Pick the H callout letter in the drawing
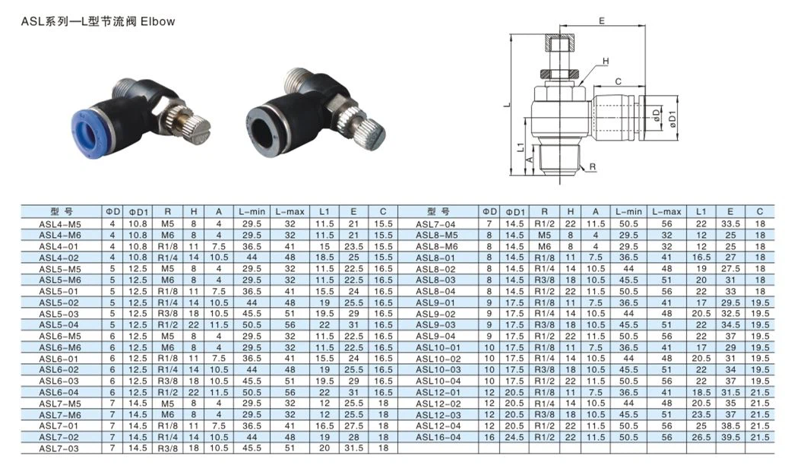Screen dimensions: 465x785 [606, 61]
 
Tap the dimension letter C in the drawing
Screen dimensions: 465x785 [619, 81]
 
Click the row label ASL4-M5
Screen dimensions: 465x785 [59, 225]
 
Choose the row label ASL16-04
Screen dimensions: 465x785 [438, 438]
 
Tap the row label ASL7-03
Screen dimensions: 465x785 [59, 448]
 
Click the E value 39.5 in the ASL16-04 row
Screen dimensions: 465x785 [729, 438]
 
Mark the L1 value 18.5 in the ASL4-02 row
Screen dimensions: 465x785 [324, 258]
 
